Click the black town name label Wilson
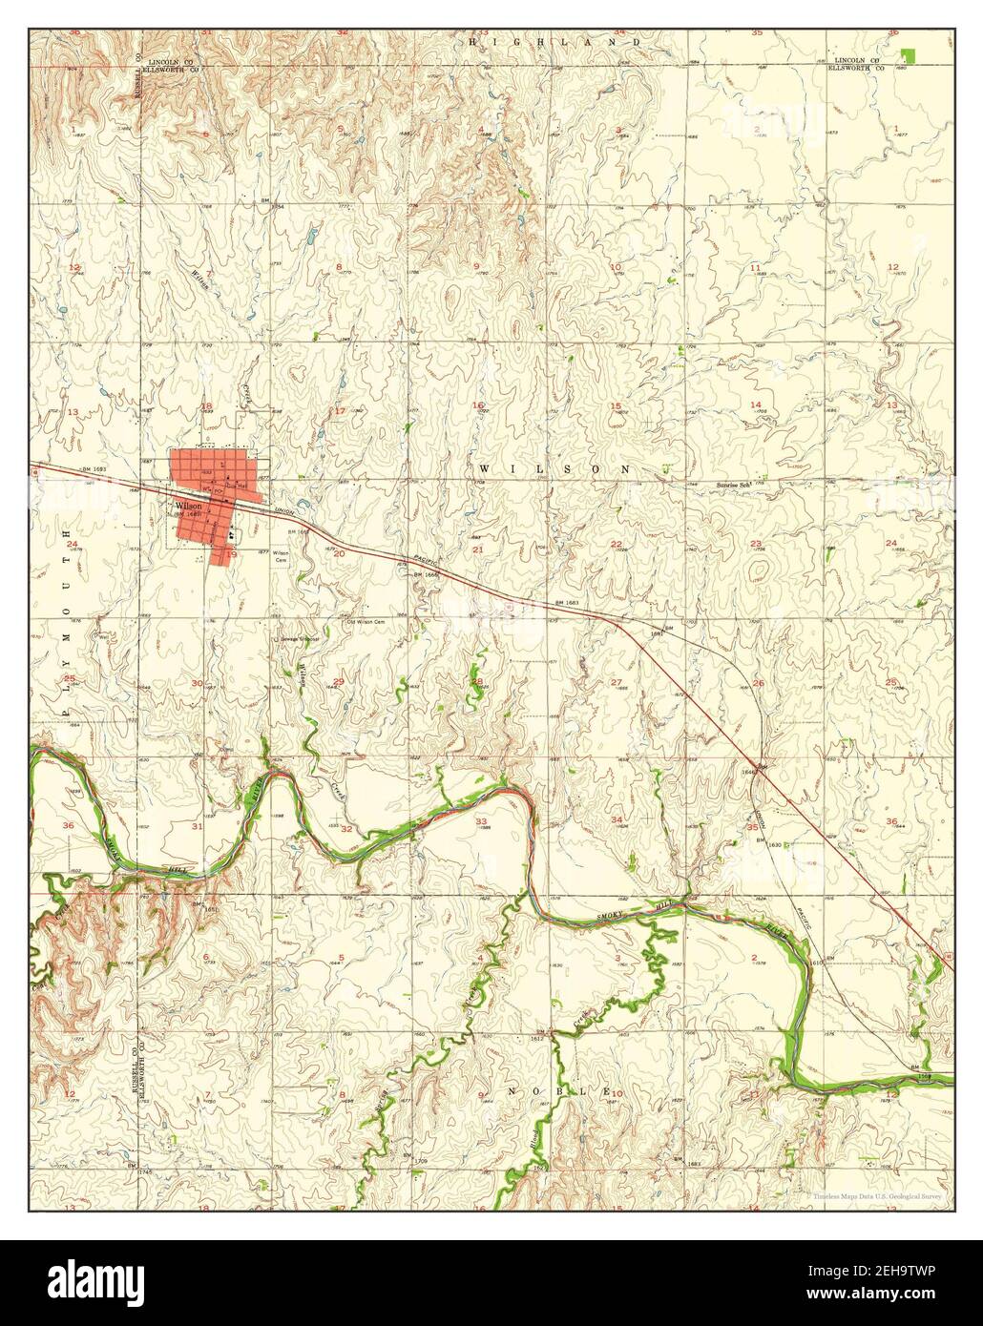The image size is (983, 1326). (187, 506)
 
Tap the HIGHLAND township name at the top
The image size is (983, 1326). (568, 43)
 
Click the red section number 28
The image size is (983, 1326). (477, 681)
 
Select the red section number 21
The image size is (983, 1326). (477, 549)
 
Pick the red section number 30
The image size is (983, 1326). (197, 683)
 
